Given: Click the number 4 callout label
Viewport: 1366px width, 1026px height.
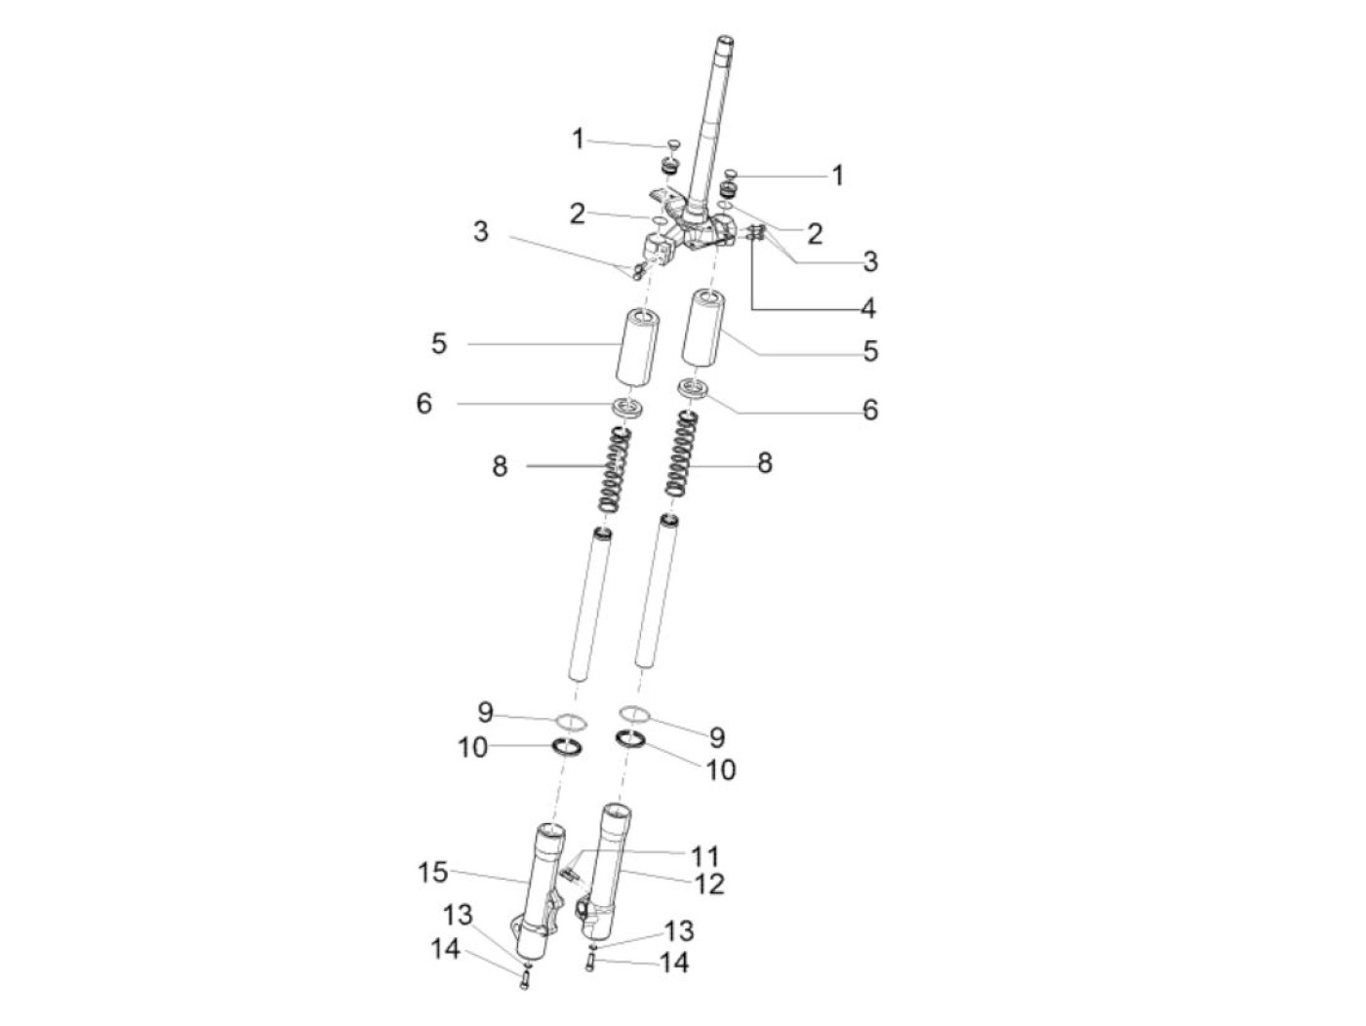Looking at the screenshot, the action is [866, 308].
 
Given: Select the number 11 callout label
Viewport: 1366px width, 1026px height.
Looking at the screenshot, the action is [704, 855].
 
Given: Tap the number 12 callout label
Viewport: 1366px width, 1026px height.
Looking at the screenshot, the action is [708, 884].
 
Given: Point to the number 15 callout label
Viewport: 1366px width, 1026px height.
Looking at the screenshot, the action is [432, 872].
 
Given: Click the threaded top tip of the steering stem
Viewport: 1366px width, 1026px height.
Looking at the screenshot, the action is [726, 42].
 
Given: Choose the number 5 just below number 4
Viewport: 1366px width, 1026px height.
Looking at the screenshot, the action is [870, 351].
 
